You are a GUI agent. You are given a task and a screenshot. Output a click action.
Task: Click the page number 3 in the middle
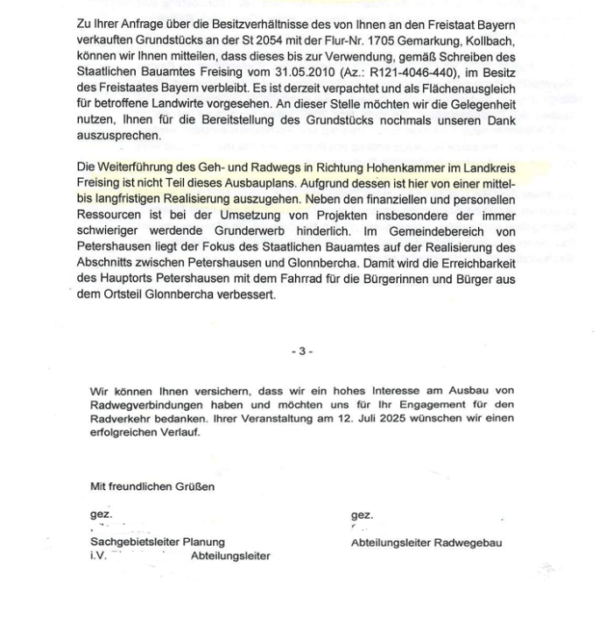(302, 351)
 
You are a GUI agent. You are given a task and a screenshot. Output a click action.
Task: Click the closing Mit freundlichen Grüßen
(151, 486)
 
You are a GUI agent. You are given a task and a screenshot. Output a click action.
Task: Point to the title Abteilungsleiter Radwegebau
(426, 543)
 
